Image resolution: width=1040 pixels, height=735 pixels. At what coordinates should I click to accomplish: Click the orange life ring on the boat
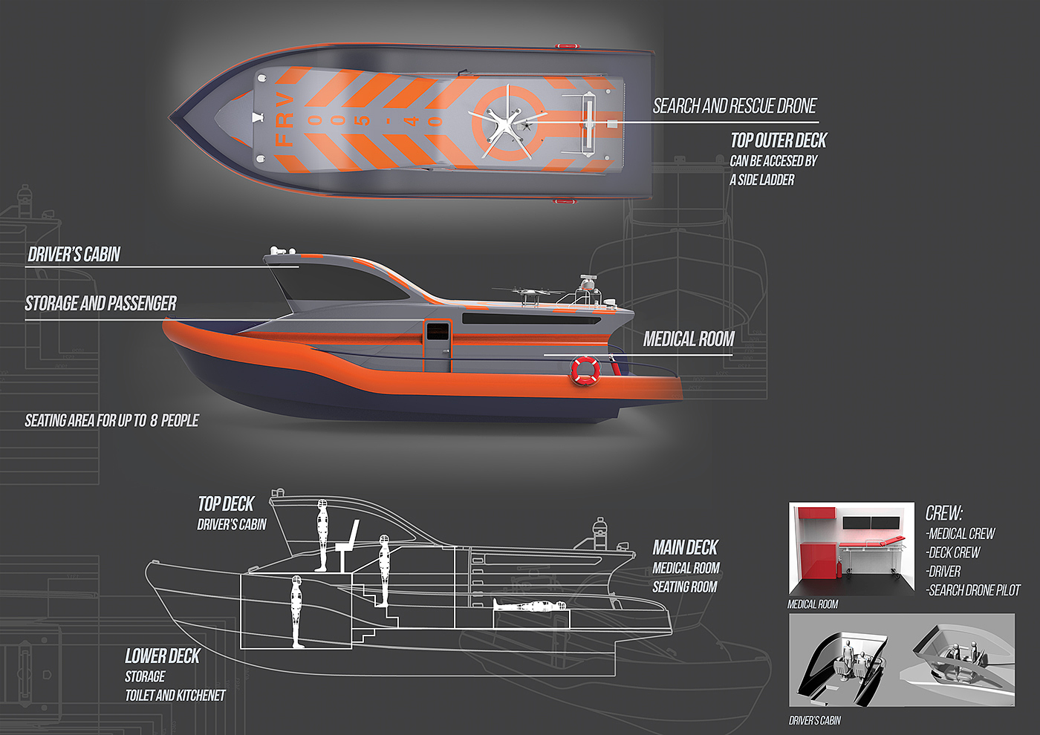point(585,370)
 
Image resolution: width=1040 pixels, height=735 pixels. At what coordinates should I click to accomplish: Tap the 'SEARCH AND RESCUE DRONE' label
point(735,106)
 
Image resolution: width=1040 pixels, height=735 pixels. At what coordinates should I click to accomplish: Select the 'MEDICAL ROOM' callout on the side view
point(689,339)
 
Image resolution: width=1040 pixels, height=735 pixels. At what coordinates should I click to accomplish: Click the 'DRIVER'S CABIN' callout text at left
point(74,255)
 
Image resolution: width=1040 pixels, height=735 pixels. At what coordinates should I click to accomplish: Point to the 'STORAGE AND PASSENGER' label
point(100,303)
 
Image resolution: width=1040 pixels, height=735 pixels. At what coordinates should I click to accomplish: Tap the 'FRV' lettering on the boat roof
point(285,120)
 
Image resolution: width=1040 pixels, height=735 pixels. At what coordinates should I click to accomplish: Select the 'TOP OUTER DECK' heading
point(778,140)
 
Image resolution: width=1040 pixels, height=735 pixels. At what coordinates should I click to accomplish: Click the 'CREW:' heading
point(943,513)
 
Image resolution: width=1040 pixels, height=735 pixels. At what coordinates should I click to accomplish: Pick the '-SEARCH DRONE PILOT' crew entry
point(973,590)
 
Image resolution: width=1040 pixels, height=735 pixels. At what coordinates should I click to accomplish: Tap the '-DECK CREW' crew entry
point(953,552)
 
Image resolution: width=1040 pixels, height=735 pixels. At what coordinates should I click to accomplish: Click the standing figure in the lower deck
point(296,611)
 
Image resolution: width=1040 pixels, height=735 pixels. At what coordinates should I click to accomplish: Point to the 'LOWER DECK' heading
point(162,656)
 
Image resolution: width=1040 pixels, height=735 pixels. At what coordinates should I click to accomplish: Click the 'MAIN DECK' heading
point(685,548)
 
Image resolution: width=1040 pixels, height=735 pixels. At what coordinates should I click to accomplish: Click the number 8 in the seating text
point(154,420)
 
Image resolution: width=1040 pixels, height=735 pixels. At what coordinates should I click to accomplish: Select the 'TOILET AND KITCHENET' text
point(175,696)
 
